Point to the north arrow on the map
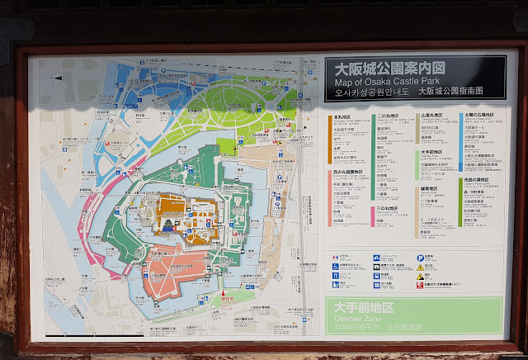click(59, 78)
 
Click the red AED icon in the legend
click(420, 286)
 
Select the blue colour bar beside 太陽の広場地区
click(460, 140)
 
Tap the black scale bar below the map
click(95, 335)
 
